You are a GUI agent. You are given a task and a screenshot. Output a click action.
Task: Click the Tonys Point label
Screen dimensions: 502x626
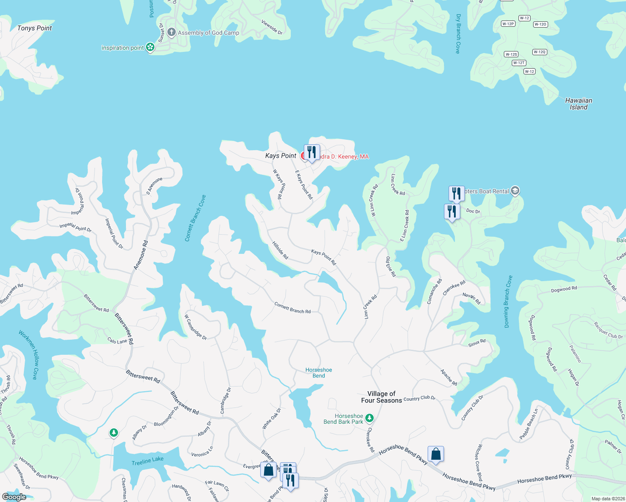[34, 28]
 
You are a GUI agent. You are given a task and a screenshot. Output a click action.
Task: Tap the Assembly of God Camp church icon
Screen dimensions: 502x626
[171, 32]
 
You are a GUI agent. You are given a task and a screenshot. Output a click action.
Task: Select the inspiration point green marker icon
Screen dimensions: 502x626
[150, 48]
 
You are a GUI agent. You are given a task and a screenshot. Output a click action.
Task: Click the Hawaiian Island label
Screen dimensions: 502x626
[578, 104]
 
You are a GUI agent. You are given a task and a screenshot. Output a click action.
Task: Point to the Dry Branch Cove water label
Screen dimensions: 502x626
[458, 34]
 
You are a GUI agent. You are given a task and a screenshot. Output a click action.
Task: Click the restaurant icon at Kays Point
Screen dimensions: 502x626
[311, 152]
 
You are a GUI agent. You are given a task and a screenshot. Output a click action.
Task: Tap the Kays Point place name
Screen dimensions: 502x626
[280, 156]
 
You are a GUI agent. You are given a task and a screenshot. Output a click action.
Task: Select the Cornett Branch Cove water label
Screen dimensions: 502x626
[195, 218]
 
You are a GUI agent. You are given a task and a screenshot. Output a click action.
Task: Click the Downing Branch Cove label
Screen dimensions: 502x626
[508, 301]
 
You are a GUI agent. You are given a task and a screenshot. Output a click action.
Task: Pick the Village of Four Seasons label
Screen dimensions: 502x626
[381, 397]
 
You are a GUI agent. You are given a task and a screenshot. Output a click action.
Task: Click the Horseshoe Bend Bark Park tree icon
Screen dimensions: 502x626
[369, 418]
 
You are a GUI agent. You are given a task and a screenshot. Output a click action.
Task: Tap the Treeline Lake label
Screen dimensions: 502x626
[147, 461]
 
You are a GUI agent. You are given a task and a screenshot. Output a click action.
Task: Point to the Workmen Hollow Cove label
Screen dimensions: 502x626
[28, 355]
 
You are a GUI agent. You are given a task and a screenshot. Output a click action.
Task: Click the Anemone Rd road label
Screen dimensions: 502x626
[141, 255]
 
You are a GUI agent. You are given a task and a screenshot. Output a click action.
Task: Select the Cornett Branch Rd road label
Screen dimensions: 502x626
[292, 308]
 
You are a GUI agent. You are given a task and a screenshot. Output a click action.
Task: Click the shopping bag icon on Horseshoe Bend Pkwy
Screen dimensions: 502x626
[436, 454]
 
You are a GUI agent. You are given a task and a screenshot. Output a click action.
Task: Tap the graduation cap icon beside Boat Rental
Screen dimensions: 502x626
[515, 191]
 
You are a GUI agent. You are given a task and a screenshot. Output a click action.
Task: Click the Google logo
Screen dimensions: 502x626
[14, 497]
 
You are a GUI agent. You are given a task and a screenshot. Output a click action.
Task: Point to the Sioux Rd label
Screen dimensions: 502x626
[477, 343]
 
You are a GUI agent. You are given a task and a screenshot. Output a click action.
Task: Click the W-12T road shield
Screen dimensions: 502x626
[518, 63]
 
